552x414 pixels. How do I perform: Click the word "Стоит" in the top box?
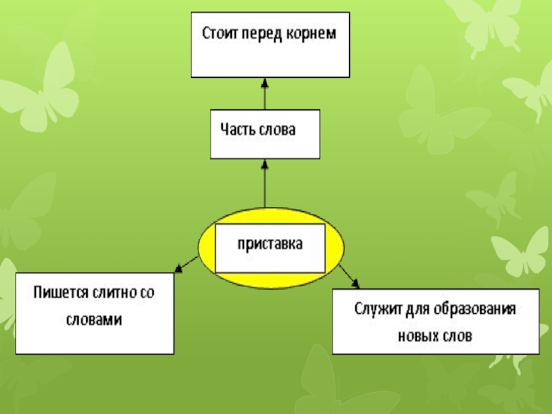coord(219,33)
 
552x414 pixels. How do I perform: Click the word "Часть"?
coord(237,130)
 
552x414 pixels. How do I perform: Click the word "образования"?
coord(476,308)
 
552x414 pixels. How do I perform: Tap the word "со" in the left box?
coord(148,293)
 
